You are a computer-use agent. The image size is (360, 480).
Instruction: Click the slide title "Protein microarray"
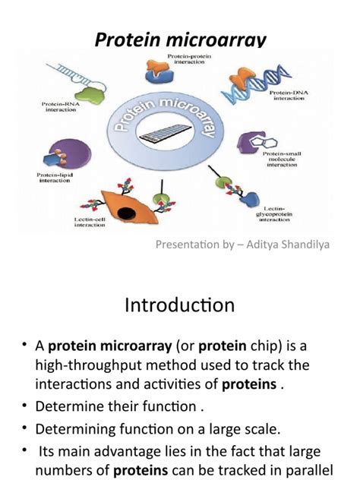click(x=179, y=38)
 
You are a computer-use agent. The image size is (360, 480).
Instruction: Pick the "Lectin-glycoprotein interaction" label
click(x=281, y=213)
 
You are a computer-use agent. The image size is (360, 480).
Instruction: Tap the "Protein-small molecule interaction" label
click(x=280, y=159)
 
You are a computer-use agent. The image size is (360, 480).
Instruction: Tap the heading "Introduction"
click(x=179, y=306)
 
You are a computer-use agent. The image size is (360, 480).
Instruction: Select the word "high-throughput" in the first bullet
click(x=83, y=365)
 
